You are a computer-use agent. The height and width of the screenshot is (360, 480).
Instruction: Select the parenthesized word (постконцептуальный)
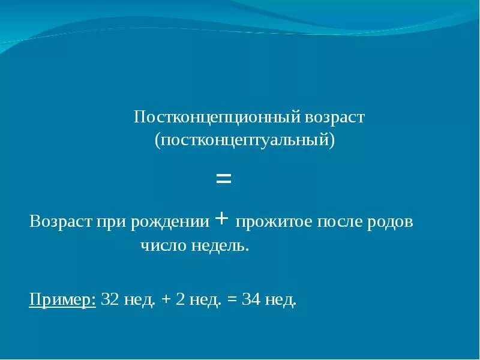click(244, 141)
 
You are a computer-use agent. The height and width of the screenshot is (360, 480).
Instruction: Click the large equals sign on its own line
click(223, 178)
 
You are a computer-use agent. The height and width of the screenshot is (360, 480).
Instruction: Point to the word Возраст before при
click(59, 221)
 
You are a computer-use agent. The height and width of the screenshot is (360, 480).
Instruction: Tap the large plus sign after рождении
click(221, 220)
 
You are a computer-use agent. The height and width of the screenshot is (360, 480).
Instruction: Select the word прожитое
click(266, 222)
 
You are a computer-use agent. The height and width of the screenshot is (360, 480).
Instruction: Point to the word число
click(163, 245)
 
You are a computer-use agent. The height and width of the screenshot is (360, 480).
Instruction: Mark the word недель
click(220, 245)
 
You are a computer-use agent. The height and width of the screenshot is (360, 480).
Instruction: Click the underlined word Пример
click(62, 300)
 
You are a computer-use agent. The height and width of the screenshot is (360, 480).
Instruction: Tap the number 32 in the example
click(110, 299)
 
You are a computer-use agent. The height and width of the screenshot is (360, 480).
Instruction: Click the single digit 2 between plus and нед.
click(180, 299)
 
